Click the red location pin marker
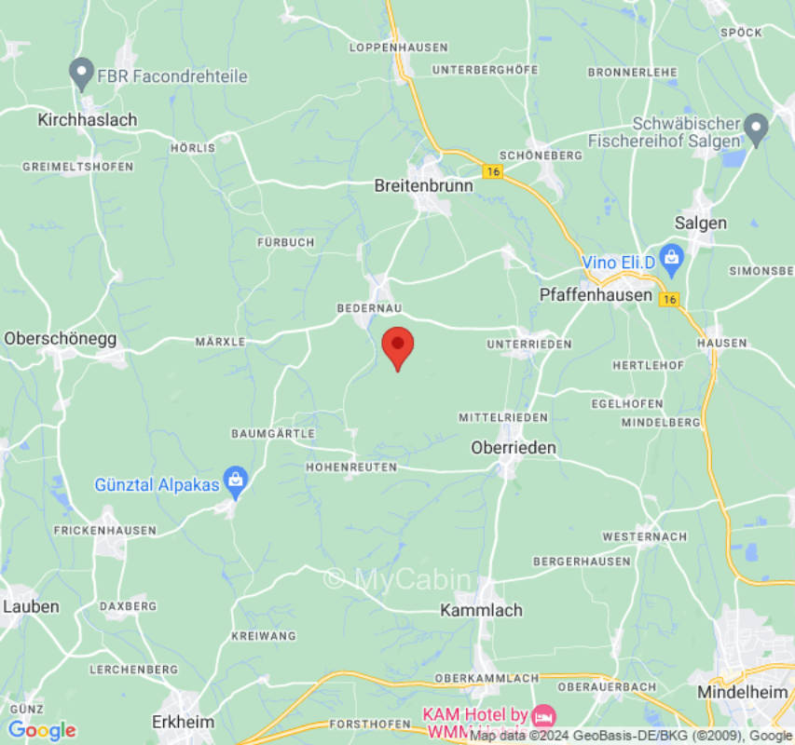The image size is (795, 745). click(398, 346)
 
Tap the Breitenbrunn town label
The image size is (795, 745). click(423, 185)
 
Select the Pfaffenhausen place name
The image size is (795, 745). click(596, 294)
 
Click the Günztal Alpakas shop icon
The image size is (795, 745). click(236, 481)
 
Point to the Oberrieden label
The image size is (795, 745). click(514, 448)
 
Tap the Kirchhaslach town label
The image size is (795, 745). click(87, 119)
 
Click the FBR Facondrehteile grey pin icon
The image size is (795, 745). click(82, 72)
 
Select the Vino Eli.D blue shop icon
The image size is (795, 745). click(669, 255)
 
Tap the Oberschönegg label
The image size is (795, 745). click(61, 338)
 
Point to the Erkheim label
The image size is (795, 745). click(183, 722)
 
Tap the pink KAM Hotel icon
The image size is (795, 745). click(543, 715)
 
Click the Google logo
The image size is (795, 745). click(41, 730)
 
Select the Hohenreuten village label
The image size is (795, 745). click(351, 467)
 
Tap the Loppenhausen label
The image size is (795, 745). click(398, 47)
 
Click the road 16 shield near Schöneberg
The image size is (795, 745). click(491, 171)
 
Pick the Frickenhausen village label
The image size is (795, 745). click(104, 529)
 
